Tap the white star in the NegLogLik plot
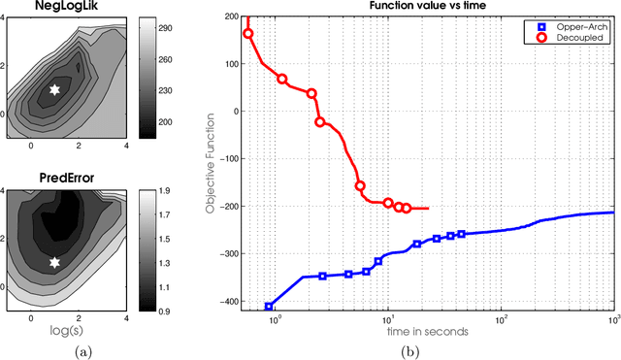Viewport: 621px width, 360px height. tap(54, 89)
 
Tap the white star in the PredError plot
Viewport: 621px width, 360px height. tap(54, 262)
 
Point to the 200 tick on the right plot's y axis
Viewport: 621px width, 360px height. tap(231, 17)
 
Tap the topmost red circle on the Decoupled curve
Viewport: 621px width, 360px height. tap(248, 33)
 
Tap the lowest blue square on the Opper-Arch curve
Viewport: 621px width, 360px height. tap(269, 307)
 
